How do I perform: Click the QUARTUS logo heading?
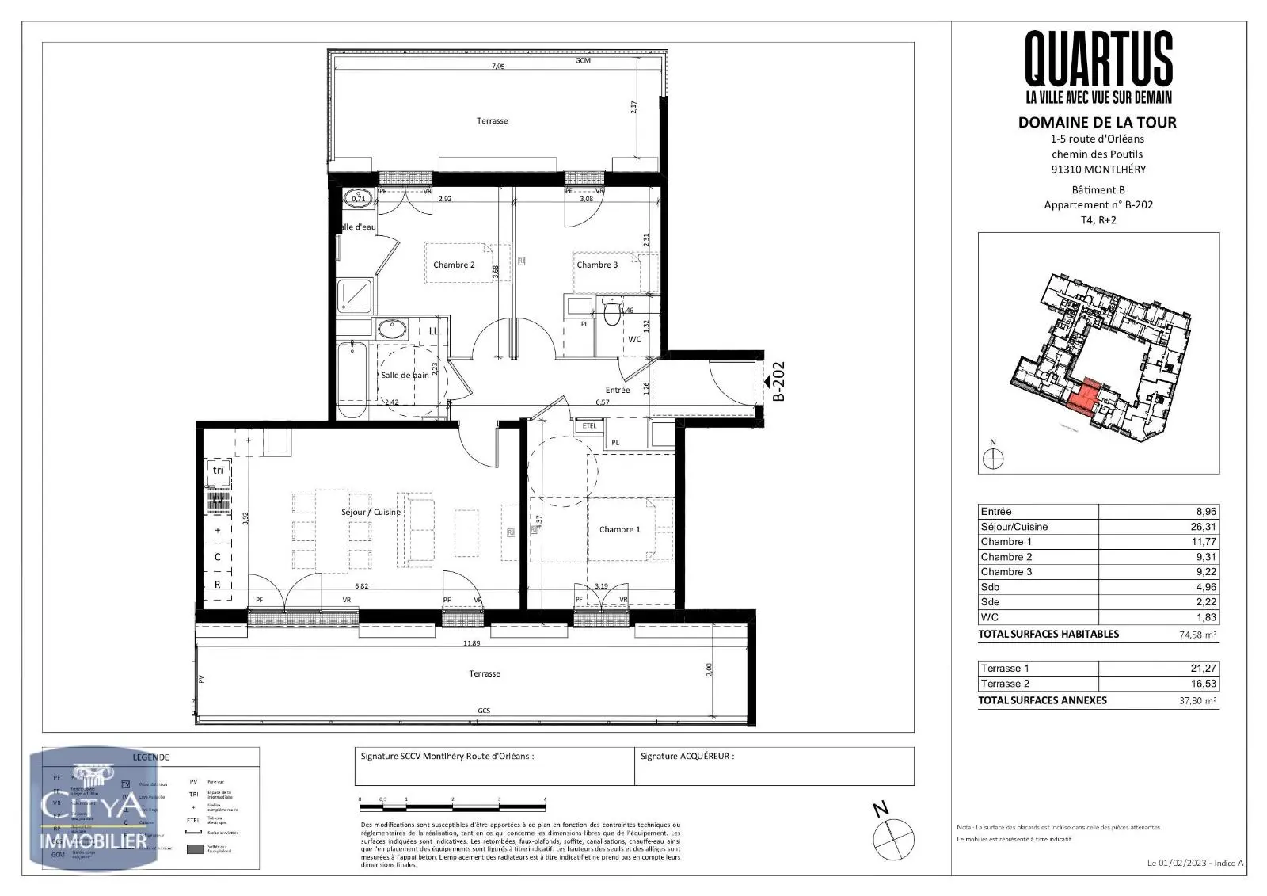pos(1098,59)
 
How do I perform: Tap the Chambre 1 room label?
pos(619,529)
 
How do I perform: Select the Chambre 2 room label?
pos(454,265)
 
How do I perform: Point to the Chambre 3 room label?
pos(597,265)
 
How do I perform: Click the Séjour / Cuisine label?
pos(371,512)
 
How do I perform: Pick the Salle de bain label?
pos(405,375)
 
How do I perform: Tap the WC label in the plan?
pos(634,339)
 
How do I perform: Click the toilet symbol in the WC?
pos(611,314)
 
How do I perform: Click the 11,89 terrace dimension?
pos(472,643)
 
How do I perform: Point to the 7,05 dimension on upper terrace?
pos(497,67)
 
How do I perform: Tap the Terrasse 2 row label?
pos(1005,684)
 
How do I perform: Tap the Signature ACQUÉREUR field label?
pos(687,757)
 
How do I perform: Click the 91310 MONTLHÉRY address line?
pos(1097,170)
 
